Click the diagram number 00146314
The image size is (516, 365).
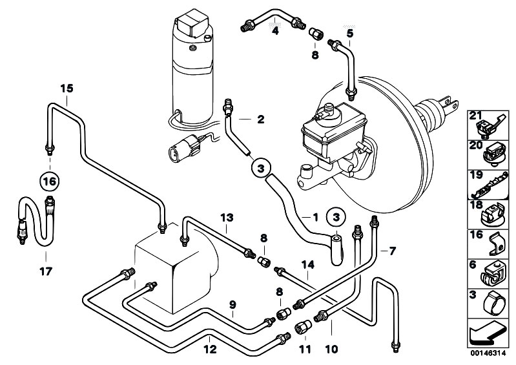[488, 353]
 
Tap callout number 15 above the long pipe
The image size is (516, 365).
[67, 89]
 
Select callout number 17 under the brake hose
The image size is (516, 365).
[46, 271]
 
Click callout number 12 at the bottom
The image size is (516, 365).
[210, 349]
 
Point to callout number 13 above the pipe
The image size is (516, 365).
[227, 218]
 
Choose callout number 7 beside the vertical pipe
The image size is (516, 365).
[392, 251]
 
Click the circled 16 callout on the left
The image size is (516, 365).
[50, 182]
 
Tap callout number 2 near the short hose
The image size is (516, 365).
[261, 119]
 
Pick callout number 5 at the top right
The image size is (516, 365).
[350, 33]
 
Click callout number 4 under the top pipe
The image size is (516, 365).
[275, 31]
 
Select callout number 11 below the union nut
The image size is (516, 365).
[305, 349]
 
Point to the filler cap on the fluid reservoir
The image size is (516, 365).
[329, 109]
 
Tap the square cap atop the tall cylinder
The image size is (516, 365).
[192, 23]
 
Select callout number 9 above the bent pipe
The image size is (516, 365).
[232, 305]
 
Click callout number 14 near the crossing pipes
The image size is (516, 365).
[307, 264]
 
